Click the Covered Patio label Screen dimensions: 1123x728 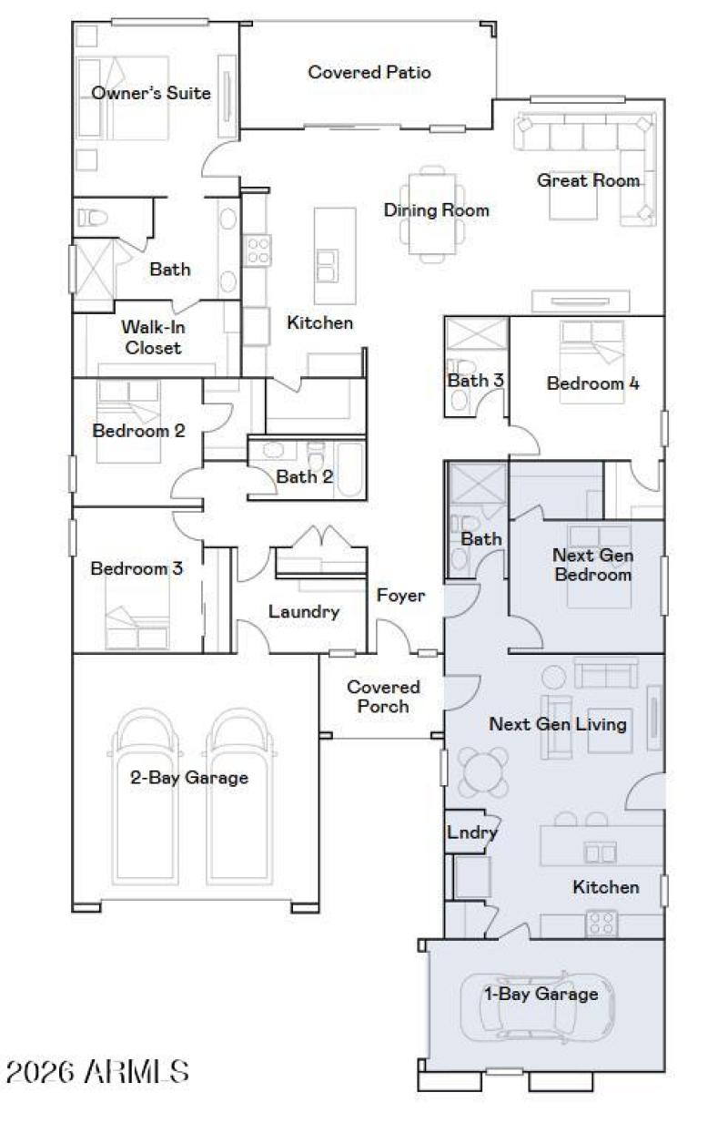(x=369, y=72)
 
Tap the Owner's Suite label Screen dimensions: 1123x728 (x=151, y=93)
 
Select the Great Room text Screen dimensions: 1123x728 (x=589, y=180)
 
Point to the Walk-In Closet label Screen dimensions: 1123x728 (x=152, y=337)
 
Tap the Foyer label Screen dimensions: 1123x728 (x=400, y=595)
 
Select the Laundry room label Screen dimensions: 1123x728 (x=304, y=612)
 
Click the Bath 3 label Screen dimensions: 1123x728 (x=475, y=381)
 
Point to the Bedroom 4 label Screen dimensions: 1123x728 (x=592, y=383)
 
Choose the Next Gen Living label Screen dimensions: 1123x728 (x=558, y=724)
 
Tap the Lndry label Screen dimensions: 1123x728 (x=472, y=832)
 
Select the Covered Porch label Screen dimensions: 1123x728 (x=383, y=697)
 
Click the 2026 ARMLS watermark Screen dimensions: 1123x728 (x=97, y=1072)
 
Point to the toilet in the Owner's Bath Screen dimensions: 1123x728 (x=89, y=218)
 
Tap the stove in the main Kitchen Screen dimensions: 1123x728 (x=258, y=250)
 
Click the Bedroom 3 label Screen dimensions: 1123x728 (x=136, y=569)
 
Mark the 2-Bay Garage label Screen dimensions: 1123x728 (x=188, y=779)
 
